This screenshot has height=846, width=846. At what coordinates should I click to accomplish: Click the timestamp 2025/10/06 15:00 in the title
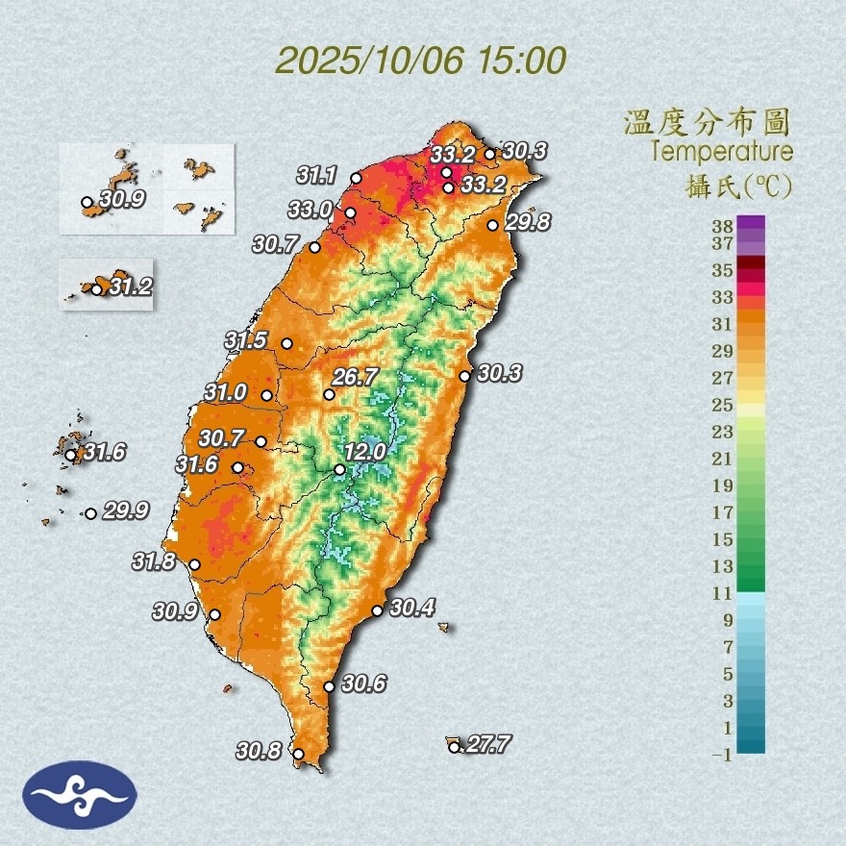(420, 61)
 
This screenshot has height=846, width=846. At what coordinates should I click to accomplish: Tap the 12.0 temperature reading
(365, 451)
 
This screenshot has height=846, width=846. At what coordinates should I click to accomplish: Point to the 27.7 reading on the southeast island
(486, 743)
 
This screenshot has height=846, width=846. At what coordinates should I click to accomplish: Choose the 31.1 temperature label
(316, 175)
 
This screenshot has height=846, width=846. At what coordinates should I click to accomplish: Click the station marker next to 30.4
(377, 610)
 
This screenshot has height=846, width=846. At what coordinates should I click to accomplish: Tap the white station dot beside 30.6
(329, 686)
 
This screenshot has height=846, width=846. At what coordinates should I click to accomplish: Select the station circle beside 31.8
(194, 565)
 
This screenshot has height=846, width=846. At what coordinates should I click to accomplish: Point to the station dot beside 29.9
(90, 513)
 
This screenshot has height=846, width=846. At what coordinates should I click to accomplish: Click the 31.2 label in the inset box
(130, 286)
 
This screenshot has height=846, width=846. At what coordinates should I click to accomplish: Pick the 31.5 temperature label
(246, 340)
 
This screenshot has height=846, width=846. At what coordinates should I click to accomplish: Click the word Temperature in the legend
(722, 152)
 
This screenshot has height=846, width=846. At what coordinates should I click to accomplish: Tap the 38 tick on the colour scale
(723, 226)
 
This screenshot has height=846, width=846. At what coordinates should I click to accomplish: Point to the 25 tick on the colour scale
(723, 404)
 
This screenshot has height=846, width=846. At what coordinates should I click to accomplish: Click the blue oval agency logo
(81, 795)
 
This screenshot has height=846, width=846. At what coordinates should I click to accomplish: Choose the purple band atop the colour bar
(752, 222)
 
